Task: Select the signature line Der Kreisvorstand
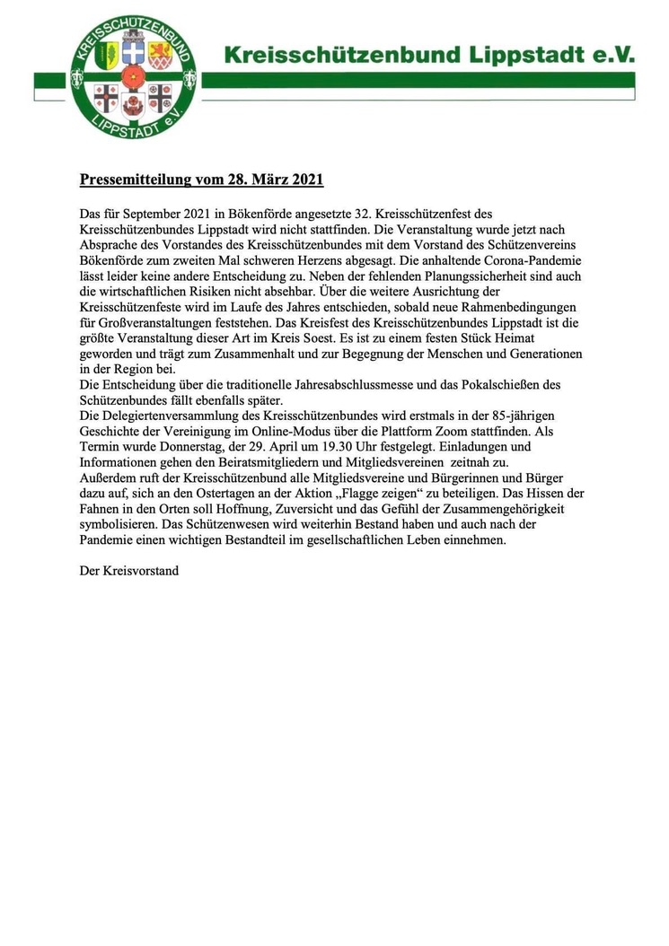click(x=129, y=570)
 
